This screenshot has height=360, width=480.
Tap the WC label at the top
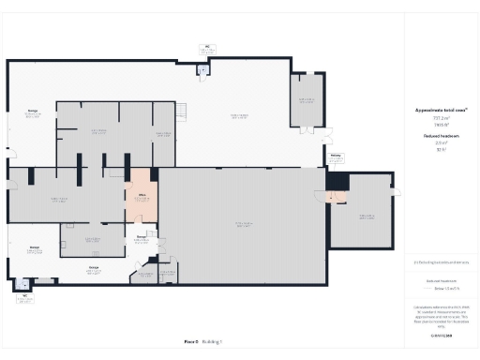(x=207, y=45)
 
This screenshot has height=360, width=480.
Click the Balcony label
(x=335, y=157)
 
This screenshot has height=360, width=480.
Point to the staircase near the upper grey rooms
(x=182, y=112)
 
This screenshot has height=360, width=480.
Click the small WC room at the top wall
(x=202, y=68)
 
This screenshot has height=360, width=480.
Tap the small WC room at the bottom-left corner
(x=21, y=283)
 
